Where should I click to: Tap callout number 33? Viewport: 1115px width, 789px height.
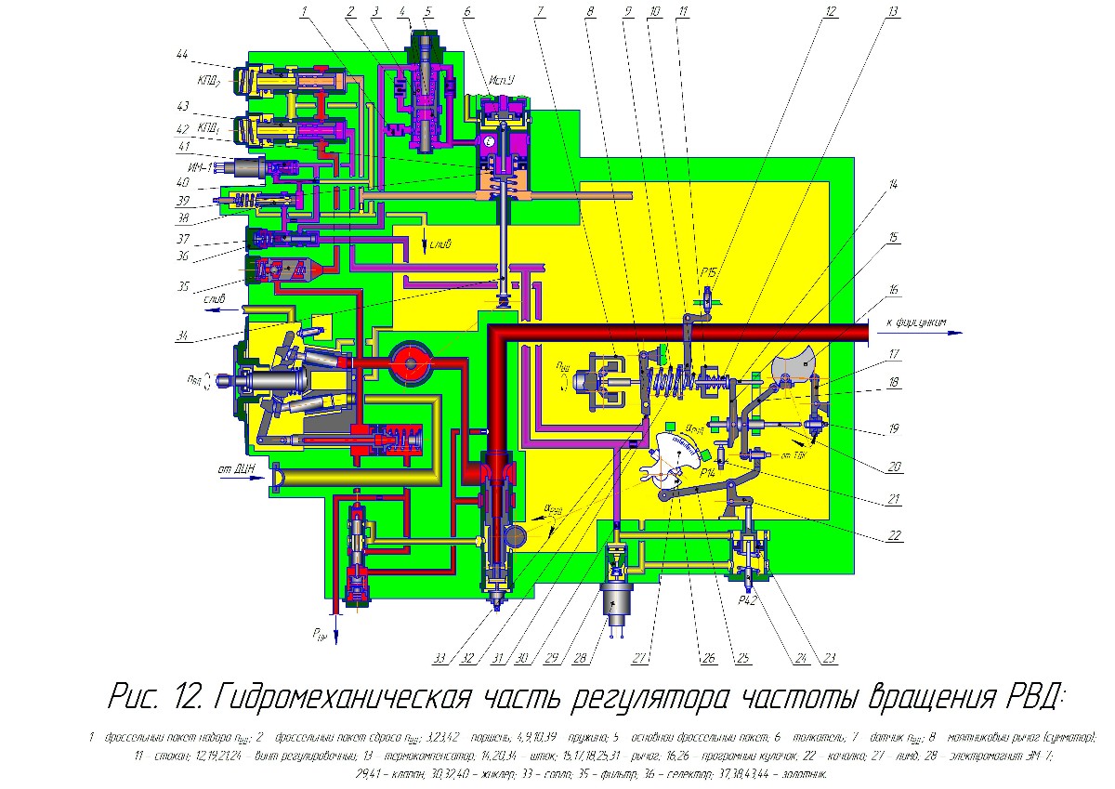(439, 659)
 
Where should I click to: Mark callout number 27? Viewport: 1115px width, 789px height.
(641, 659)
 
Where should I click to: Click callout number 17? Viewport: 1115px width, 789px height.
(893, 354)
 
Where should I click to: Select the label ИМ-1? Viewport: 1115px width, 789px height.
(203, 167)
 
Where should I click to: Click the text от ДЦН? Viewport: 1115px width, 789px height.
(236, 467)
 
